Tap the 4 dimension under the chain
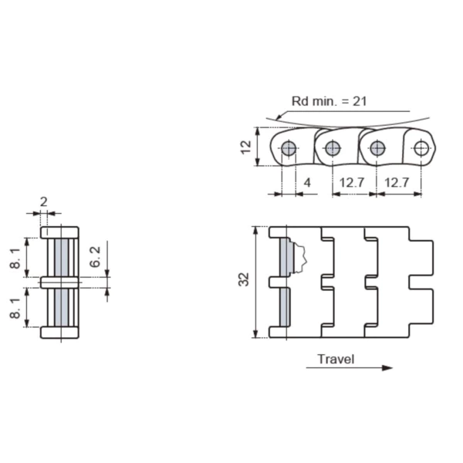(307, 183)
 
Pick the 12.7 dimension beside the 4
(351, 183)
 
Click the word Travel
(336, 359)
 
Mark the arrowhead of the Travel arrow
(387, 368)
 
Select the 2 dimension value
(43, 202)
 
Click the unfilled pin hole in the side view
(421, 149)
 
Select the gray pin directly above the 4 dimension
(289, 149)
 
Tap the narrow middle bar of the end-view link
(59, 283)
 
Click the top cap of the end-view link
(59, 231)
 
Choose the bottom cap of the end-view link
(59, 333)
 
